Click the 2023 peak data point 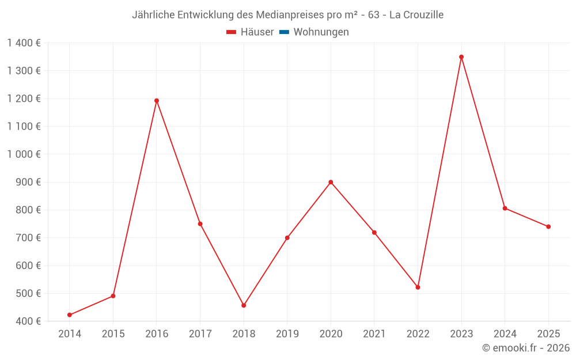click(461, 57)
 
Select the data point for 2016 click(157, 101)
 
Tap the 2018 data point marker click(244, 305)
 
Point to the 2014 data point click(70, 315)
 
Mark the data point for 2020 click(331, 182)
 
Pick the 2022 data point click(418, 287)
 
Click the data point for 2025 click(548, 226)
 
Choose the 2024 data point click(505, 209)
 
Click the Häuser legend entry click(250, 32)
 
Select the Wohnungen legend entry click(314, 32)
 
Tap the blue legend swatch click(285, 32)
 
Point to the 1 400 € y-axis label click(24, 43)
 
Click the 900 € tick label click(28, 182)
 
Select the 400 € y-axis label click(28, 321)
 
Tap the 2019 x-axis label click(287, 334)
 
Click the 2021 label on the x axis click(374, 334)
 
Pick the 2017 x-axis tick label click(200, 334)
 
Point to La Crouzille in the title click(416, 15)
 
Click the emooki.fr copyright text click(526, 347)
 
